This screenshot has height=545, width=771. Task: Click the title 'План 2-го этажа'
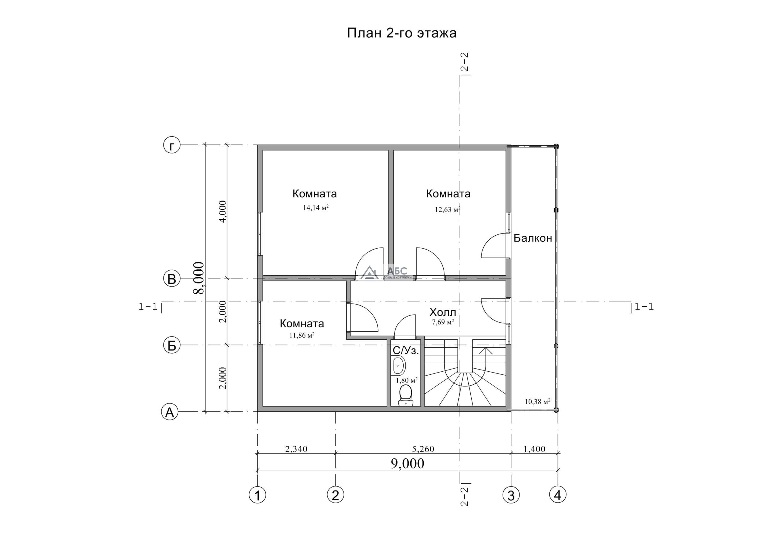(x=402, y=33)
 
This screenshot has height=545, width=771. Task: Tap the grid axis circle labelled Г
(x=172, y=145)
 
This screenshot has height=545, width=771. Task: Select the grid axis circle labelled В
(x=172, y=279)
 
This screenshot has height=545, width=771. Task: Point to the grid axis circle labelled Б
(x=172, y=345)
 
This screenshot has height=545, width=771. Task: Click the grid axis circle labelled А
(x=170, y=412)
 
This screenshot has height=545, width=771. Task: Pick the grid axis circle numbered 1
(x=258, y=495)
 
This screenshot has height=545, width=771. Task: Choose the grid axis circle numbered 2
(x=336, y=495)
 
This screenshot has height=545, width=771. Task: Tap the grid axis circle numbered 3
(x=511, y=495)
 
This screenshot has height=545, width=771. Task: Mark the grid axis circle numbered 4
(x=558, y=495)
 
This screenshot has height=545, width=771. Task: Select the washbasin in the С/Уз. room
(x=398, y=365)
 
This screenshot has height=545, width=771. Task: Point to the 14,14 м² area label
(x=316, y=208)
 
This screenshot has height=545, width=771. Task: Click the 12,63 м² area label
(x=448, y=210)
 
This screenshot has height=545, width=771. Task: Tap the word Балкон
(x=533, y=238)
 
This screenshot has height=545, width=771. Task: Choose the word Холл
(x=443, y=312)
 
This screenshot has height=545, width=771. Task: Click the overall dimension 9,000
(x=407, y=463)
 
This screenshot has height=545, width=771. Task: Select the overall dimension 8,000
(x=199, y=278)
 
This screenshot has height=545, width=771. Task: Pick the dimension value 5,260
(x=423, y=449)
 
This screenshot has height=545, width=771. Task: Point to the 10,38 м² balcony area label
(x=537, y=401)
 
